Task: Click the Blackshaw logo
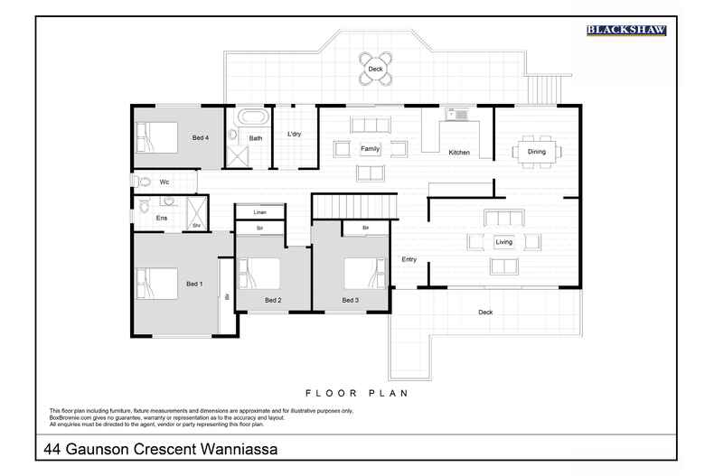[626, 30]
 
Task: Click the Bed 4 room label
[201, 138]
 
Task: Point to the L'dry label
[294, 135]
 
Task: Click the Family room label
[370, 148]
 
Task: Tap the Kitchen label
[459, 153]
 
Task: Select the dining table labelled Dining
[537, 152]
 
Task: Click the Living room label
[503, 242]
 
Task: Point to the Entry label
[409, 260]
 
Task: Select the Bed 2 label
[273, 300]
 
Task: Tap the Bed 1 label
[194, 285]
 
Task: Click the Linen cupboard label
[259, 212]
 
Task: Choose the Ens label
[162, 219]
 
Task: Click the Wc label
[164, 182]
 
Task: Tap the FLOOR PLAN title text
[357, 393]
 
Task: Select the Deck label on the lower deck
[485, 313]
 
